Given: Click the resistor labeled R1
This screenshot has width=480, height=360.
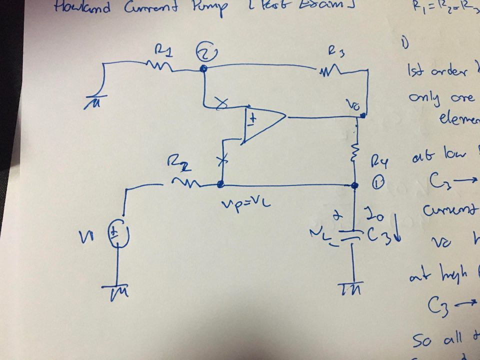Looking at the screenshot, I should click(159, 64).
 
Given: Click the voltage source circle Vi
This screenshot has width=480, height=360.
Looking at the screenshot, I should click(119, 233).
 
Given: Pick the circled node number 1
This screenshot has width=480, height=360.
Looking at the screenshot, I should click(378, 184).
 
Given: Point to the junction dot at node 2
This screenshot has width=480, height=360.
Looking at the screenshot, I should click(203, 68).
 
